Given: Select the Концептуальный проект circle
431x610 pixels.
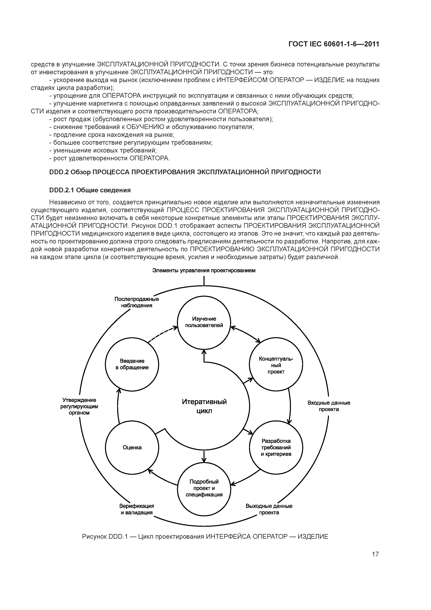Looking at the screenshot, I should [x=276, y=364].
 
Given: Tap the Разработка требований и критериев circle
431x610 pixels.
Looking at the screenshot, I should [x=276, y=447].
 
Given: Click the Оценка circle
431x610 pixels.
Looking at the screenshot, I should [x=132, y=447].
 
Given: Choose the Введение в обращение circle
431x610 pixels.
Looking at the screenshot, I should [x=132, y=364].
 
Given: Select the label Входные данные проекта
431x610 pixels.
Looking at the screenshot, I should [x=329, y=406].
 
